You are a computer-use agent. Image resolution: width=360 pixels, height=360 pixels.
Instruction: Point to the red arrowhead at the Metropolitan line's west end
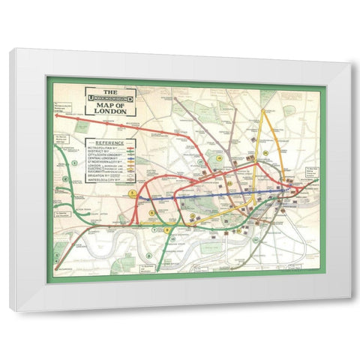58,115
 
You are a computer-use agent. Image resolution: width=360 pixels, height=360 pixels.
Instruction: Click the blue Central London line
225,197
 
